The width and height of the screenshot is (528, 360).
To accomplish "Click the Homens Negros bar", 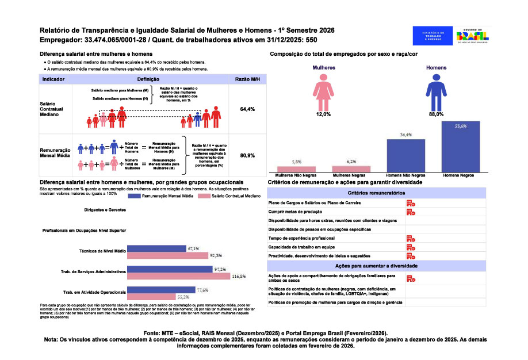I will point(461,147).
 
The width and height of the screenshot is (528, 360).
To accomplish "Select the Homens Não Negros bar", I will point(406,156).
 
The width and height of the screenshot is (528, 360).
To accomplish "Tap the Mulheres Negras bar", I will point(351,169).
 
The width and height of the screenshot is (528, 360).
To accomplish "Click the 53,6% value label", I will point(460,125).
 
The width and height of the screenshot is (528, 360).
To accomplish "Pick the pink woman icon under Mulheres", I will point(323,91).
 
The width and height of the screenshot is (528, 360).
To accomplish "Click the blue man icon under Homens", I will point(436,91).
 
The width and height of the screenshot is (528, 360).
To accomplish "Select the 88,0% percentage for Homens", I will point(436,114).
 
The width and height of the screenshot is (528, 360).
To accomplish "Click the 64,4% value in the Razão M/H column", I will point(247,109).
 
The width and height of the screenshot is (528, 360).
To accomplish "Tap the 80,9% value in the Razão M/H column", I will point(247,155).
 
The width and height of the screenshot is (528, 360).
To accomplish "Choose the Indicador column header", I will point(53,79).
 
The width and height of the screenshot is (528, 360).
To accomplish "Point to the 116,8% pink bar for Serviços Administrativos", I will point(179,276).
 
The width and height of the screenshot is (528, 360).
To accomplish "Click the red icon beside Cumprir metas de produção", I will point(411,212).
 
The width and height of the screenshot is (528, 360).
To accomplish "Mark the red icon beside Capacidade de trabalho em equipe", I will point(411,247).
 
